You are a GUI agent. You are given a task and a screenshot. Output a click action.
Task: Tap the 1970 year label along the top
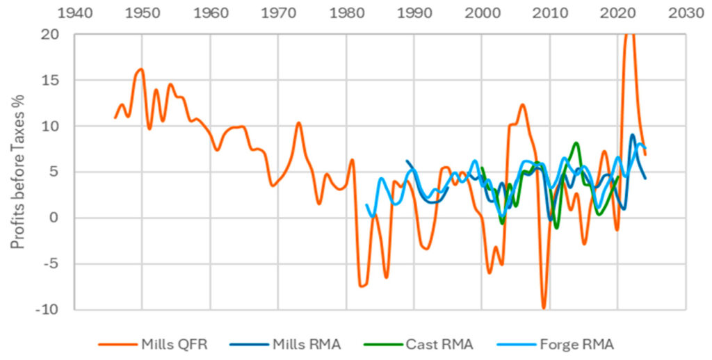tap(278, 13)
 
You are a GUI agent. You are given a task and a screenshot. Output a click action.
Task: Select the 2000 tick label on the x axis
tap(482, 13)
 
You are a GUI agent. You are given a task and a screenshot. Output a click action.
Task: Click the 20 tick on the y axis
tap(51, 35)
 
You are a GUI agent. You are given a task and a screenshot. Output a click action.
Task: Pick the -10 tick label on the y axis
tap(48, 309)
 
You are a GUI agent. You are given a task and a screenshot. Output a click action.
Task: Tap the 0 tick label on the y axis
tap(56, 218)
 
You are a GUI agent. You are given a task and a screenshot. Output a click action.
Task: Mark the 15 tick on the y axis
tap(51, 81)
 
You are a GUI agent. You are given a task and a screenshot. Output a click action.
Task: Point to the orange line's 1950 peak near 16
tap(141, 69)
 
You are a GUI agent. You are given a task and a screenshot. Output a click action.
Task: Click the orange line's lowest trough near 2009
tap(544, 307)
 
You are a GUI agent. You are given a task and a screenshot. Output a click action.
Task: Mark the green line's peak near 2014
tap(576, 143)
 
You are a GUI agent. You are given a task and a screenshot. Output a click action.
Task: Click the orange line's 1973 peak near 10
tap(298, 123)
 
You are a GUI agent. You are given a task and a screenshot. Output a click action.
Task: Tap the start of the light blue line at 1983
tap(366, 205)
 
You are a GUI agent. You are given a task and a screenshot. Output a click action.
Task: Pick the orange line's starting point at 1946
tap(115, 117)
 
